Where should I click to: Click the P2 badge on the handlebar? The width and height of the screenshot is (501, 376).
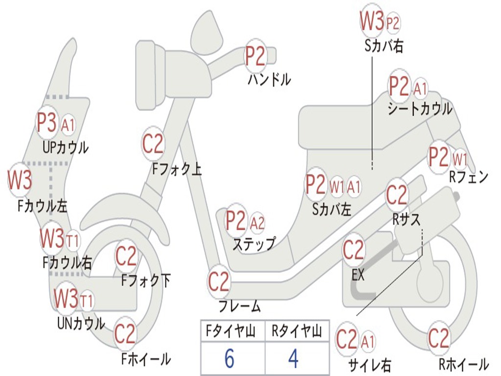pos(255,56)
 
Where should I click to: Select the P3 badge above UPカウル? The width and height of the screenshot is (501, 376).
pos(47,123)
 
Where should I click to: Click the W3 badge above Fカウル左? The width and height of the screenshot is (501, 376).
pos(20,180)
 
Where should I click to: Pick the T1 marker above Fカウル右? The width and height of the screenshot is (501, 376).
pos(73,240)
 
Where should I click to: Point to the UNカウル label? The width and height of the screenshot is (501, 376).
pos(81,323)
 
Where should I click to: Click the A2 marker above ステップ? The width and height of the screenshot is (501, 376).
pos(257,223)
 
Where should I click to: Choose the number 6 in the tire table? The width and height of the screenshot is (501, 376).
pos(229,359)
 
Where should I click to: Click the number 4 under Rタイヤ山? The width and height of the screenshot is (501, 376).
pos(293,359)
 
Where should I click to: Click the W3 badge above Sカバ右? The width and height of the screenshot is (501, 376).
pos(372,21)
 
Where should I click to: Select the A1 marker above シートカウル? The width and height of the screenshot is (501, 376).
pos(420,89)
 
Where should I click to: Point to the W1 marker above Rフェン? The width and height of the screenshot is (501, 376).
pos(460,159)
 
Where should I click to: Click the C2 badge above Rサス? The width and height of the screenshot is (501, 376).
pos(397,195)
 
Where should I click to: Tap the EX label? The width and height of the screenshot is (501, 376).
pos(358,275)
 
